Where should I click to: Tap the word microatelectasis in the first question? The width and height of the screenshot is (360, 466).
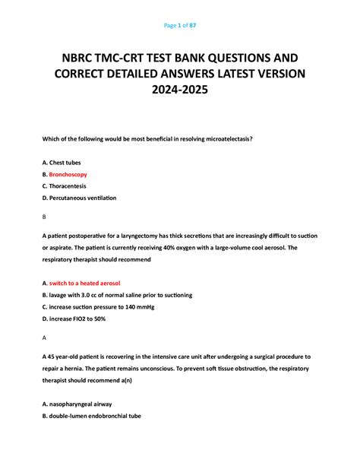click(226, 139)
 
